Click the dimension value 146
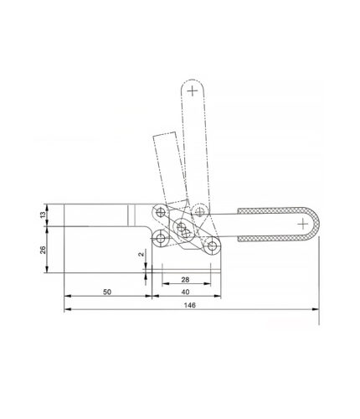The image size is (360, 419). (190, 305)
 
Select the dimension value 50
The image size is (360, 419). (107, 292)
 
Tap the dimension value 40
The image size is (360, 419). (185, 292)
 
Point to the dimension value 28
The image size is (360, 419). (185, 279)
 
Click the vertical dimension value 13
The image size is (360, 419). (43, 215)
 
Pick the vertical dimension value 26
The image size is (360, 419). (43, 250)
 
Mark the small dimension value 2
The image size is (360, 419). (141, 254)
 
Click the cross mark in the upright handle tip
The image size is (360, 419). (193, 91)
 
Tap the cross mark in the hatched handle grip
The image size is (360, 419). (303, 225)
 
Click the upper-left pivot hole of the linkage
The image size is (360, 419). (160, 213)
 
